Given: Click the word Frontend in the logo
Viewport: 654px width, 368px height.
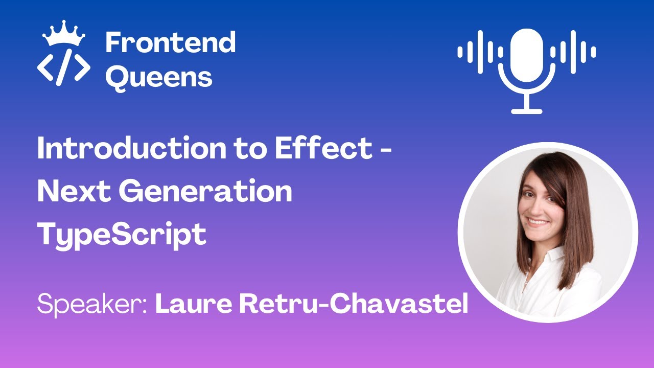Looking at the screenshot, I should click(x=170, y=42).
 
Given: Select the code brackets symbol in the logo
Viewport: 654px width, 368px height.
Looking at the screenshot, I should click(x=63, y=67).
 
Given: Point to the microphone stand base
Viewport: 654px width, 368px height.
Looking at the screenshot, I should click(x=526, y=110).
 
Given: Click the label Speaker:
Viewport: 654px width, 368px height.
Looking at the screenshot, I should click(x=92, y=305).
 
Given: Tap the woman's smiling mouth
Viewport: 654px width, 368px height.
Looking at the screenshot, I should click(x=536, y=222).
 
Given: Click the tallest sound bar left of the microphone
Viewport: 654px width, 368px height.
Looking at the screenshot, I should click(x=480, y=52).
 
